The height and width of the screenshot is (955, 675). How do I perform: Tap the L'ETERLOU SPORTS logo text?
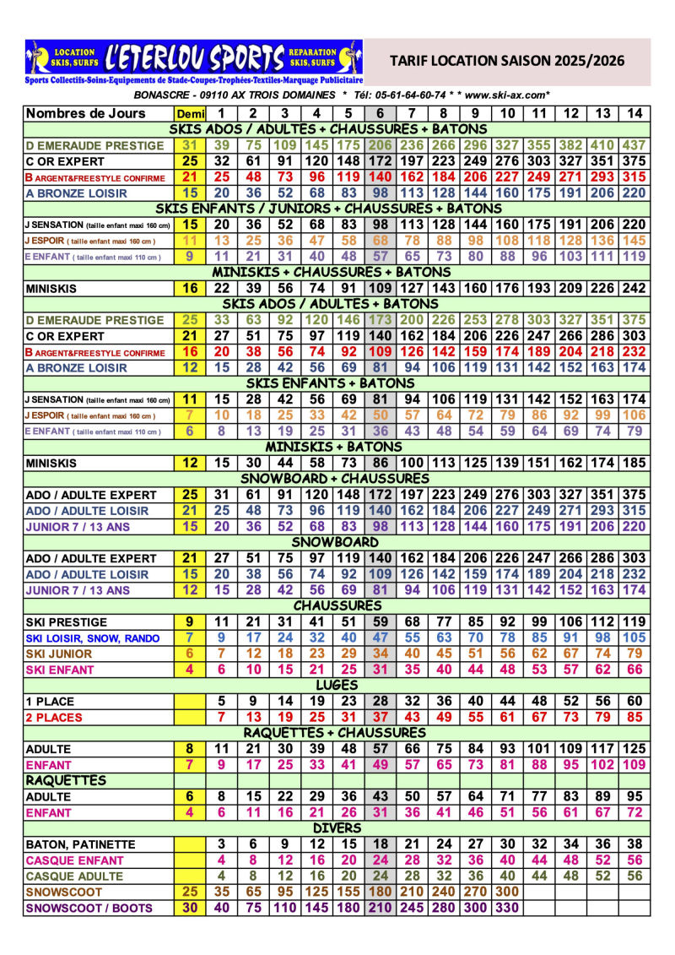point(194,57)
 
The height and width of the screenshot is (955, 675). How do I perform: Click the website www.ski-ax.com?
point(507,95)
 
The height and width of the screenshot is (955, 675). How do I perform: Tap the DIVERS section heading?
point(337,828)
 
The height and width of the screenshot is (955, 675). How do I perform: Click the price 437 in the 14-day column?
point(635,145)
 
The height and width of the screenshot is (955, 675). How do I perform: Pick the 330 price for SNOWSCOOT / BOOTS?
point(507,909)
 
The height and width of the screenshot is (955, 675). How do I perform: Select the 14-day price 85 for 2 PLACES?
point(635,718)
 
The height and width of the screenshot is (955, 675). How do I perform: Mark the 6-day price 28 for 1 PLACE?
point(380,702)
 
